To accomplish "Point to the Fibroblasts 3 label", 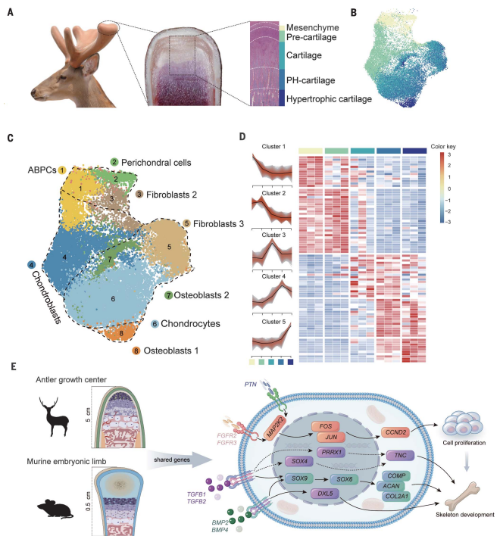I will (220, 225).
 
